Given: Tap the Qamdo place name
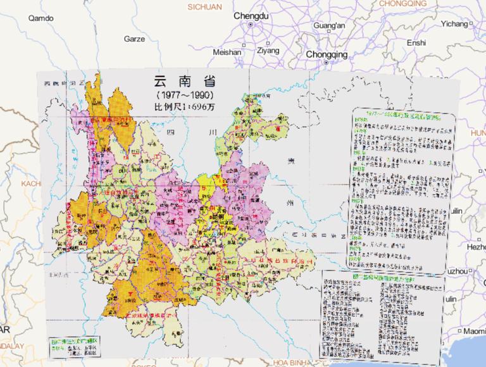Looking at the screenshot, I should click(41, 18).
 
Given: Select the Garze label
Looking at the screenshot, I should click(134, 39).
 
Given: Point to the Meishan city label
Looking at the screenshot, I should click(227, 52).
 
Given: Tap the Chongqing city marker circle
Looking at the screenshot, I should click(326, 63).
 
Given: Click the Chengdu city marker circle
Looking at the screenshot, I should click(251, 25).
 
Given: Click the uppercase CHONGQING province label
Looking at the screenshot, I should click(404, 3).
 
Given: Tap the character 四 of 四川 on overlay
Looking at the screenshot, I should click(169, 134).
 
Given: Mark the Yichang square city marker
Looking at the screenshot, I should click(471, 24).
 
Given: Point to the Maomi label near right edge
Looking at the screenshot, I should click(473, 331).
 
